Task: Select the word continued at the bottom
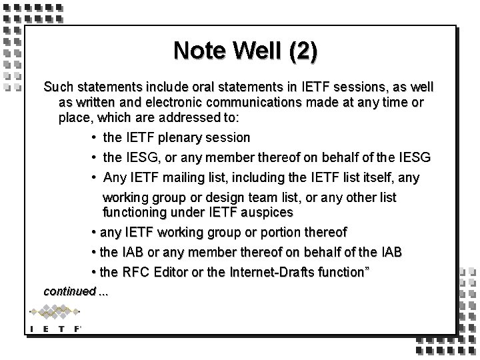(x=69, y=291)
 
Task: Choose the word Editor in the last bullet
(x=169, y=272)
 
